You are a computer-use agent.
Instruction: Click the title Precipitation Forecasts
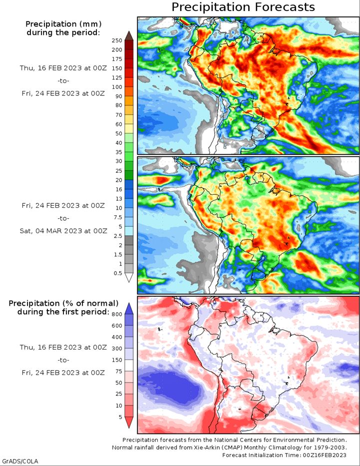click(243, 7)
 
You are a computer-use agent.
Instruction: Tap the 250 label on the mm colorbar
click(117, 41)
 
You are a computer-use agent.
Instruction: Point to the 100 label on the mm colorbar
click(117, 87)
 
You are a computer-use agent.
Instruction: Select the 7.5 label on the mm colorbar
click(118, 217)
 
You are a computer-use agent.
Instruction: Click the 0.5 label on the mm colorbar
click(118, 273)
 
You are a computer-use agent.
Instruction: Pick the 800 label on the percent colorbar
click(117, 315)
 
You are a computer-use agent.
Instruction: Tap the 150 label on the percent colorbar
click(117, 360)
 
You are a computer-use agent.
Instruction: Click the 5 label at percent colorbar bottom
click(120, 417)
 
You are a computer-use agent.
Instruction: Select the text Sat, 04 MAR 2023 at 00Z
click(63, 231)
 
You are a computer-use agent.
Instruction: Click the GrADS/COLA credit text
click(19, 461)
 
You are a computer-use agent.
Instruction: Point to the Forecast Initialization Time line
click(284, 455)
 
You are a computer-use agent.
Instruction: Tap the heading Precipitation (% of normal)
click(63, 304)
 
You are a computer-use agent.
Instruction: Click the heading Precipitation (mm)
click(63, 24)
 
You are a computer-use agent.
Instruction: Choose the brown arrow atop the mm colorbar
click(129, 35)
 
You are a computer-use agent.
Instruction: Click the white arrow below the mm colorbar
click(129, 278)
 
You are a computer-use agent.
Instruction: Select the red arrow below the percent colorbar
click(129, 423)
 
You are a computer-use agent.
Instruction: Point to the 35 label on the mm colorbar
click(118, 152)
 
